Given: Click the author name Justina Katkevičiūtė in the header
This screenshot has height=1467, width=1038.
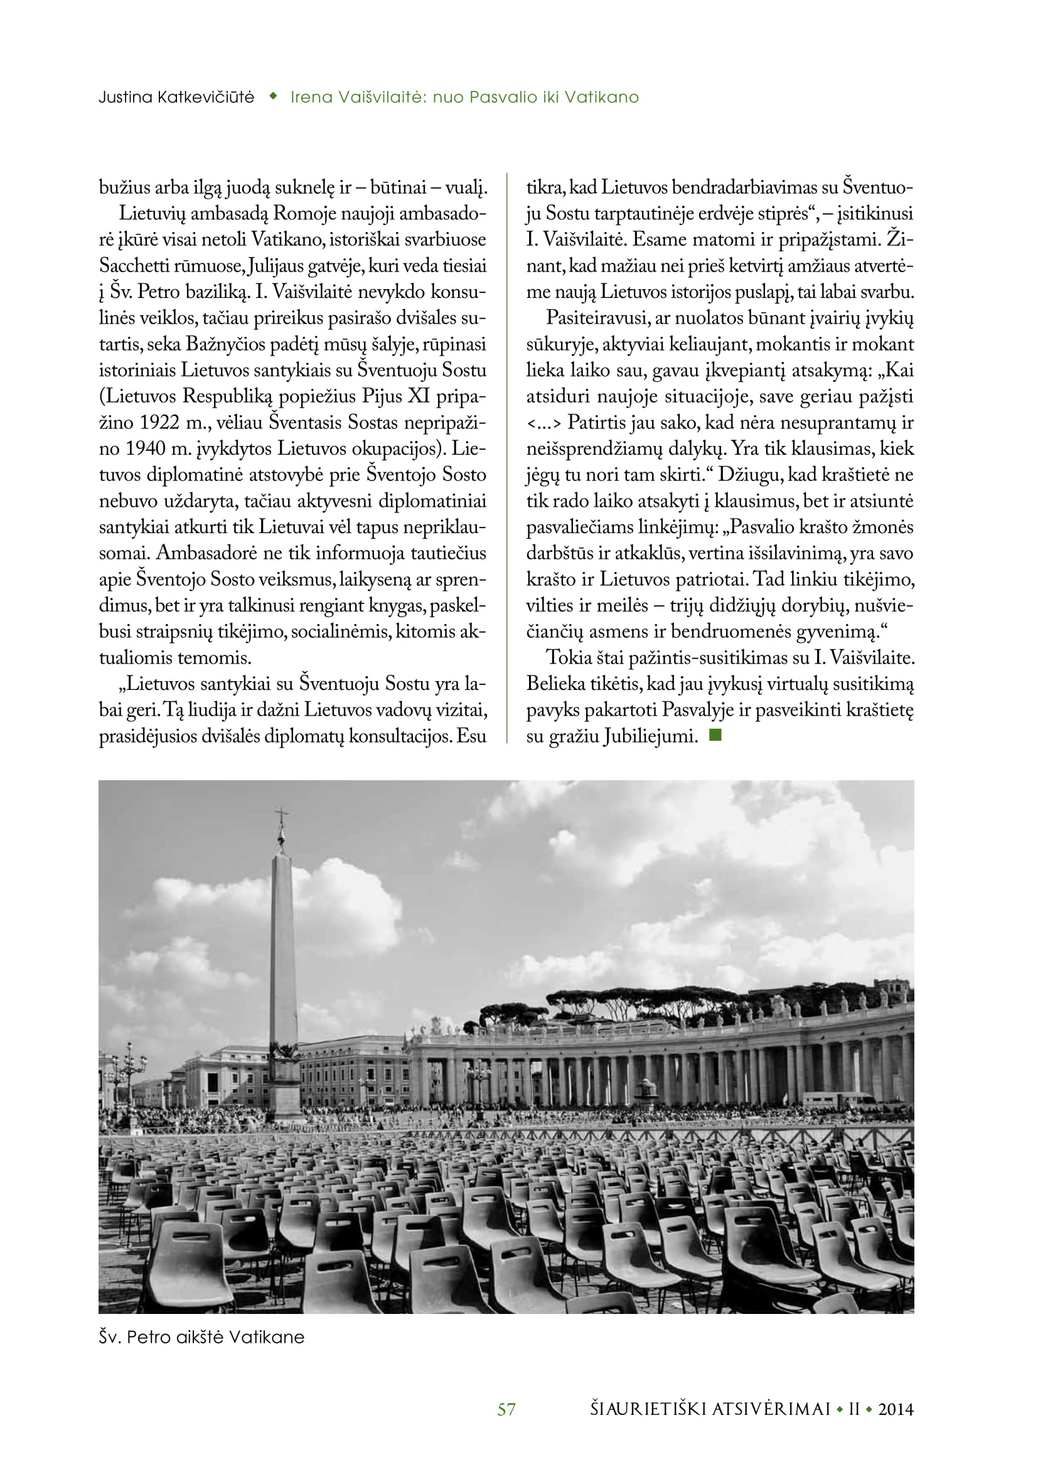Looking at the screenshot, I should pos(176,97).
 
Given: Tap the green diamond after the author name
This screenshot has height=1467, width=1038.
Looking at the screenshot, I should pos(273,97).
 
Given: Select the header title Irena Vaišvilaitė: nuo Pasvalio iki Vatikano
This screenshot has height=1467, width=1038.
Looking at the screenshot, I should pos(464,97).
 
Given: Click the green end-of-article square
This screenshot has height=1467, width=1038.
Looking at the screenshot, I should pos(715,736).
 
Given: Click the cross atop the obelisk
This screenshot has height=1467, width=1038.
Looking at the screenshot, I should pos(281,816).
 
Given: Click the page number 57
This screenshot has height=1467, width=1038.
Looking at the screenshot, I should pos(506,1409).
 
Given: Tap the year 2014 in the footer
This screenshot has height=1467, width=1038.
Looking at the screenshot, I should pos(896,1409).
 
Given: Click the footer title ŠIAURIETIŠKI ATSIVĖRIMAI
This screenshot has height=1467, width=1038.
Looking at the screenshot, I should pos(710,1409).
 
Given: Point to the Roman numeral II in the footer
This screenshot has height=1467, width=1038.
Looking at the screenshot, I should pos(854,1409).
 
